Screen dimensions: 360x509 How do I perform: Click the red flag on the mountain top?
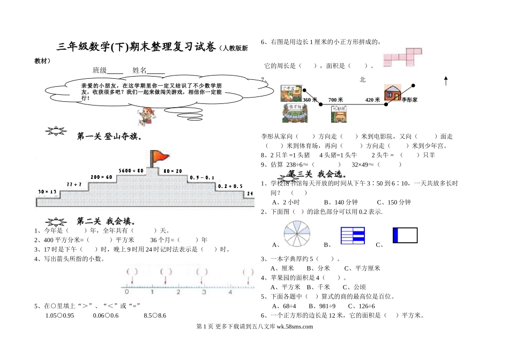pos(159,157)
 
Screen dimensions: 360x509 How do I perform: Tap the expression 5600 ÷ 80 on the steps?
pos(132,170)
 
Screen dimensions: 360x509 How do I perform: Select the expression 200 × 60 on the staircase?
pos(101,177)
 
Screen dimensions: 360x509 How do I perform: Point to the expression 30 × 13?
pos(47,191)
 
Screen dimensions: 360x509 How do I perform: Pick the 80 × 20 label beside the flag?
pos(173,171)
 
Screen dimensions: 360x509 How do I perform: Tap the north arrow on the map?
pos(446,80)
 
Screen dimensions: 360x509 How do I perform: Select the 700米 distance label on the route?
pos(335,100)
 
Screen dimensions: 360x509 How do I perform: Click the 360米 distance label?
pos(310,100)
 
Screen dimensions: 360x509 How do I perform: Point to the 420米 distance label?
pos(372,100)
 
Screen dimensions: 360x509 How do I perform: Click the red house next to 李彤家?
pos(392,92)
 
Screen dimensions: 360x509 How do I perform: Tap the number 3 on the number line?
pos(204,292)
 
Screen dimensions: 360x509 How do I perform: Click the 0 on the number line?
pos(126,292)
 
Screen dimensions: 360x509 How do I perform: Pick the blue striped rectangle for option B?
pos(353,235)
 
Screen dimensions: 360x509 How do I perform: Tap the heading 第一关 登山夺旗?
pos(109,137)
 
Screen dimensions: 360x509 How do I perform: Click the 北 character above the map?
pos(363,79)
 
